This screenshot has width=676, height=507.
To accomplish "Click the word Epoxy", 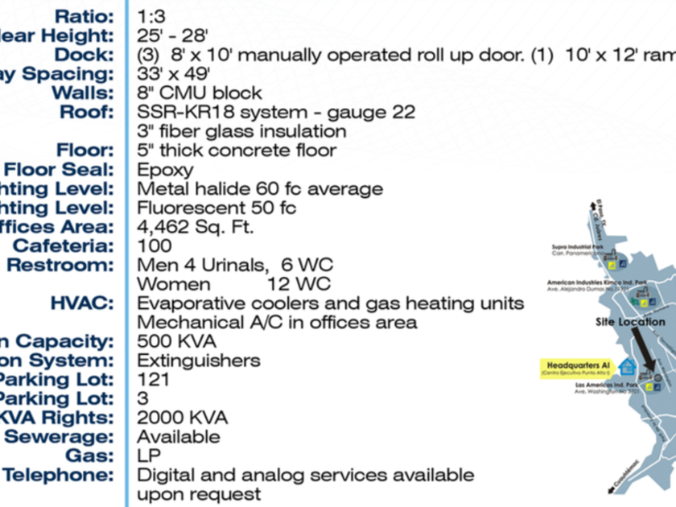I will [x=165, y=170].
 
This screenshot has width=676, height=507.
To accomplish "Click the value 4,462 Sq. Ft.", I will [x=196, y=228].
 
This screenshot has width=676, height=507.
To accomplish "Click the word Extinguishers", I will [x=199, y=361].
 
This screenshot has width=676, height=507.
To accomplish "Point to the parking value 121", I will [x=154, y=380].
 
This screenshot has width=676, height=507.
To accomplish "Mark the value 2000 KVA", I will [x=182, y=418].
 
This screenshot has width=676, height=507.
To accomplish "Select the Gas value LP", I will [x=150, y=455].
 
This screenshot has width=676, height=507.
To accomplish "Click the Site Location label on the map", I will [x=630, y=322].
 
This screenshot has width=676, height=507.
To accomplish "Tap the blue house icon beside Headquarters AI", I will [x=628, y=367].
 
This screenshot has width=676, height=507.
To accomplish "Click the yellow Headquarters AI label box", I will [x=575, y=369].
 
